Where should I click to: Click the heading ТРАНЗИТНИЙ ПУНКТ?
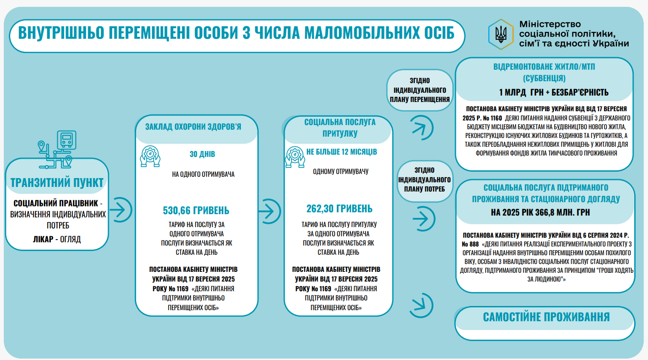(57, 182)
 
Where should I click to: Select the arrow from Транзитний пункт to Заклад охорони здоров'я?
(121, 210)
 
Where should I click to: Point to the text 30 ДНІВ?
(202, 154)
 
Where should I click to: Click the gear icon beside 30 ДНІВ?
(150, 156)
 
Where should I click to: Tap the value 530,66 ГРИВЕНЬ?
(196, 210)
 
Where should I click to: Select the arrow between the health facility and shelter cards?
(270, 210)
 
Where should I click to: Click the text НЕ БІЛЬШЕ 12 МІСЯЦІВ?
(342, 152)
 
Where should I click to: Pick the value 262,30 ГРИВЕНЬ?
(339, 209)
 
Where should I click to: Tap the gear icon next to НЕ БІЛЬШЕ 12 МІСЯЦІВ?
(295, 155)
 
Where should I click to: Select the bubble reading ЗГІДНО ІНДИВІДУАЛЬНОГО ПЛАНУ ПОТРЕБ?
(424, 179)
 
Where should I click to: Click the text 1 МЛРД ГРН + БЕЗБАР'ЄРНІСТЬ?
(553, 92)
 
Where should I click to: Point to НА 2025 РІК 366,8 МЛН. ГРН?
(540, 213)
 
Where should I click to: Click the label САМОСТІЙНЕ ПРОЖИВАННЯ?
(546, 317)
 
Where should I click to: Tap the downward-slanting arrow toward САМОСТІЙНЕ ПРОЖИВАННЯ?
(420, 304)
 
